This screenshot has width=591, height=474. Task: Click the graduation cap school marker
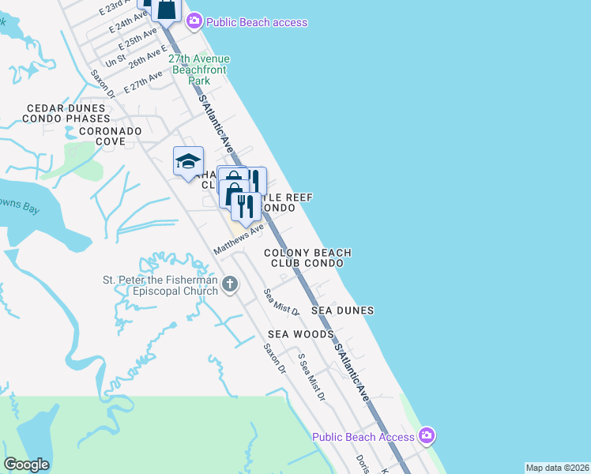tap(188, 162)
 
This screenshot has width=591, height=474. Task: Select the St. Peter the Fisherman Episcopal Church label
tap(160, 285)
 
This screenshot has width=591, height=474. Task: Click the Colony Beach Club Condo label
tap(307, 258)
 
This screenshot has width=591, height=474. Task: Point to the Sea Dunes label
tap(342, 310)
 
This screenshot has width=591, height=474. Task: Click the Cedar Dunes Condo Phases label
tap(66, 113)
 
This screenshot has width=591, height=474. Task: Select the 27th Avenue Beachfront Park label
tap(198, 70)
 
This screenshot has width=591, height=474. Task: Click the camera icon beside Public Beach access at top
tap(195, 21)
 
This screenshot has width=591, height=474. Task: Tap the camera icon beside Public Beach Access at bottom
tap(427, 436)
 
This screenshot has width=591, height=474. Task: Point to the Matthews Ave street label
tap(239, 239)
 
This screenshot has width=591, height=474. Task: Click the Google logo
tap(26, 465)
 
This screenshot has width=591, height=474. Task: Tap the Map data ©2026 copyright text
tap(557, 468)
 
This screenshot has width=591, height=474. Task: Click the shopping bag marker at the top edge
tap(167, 9)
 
